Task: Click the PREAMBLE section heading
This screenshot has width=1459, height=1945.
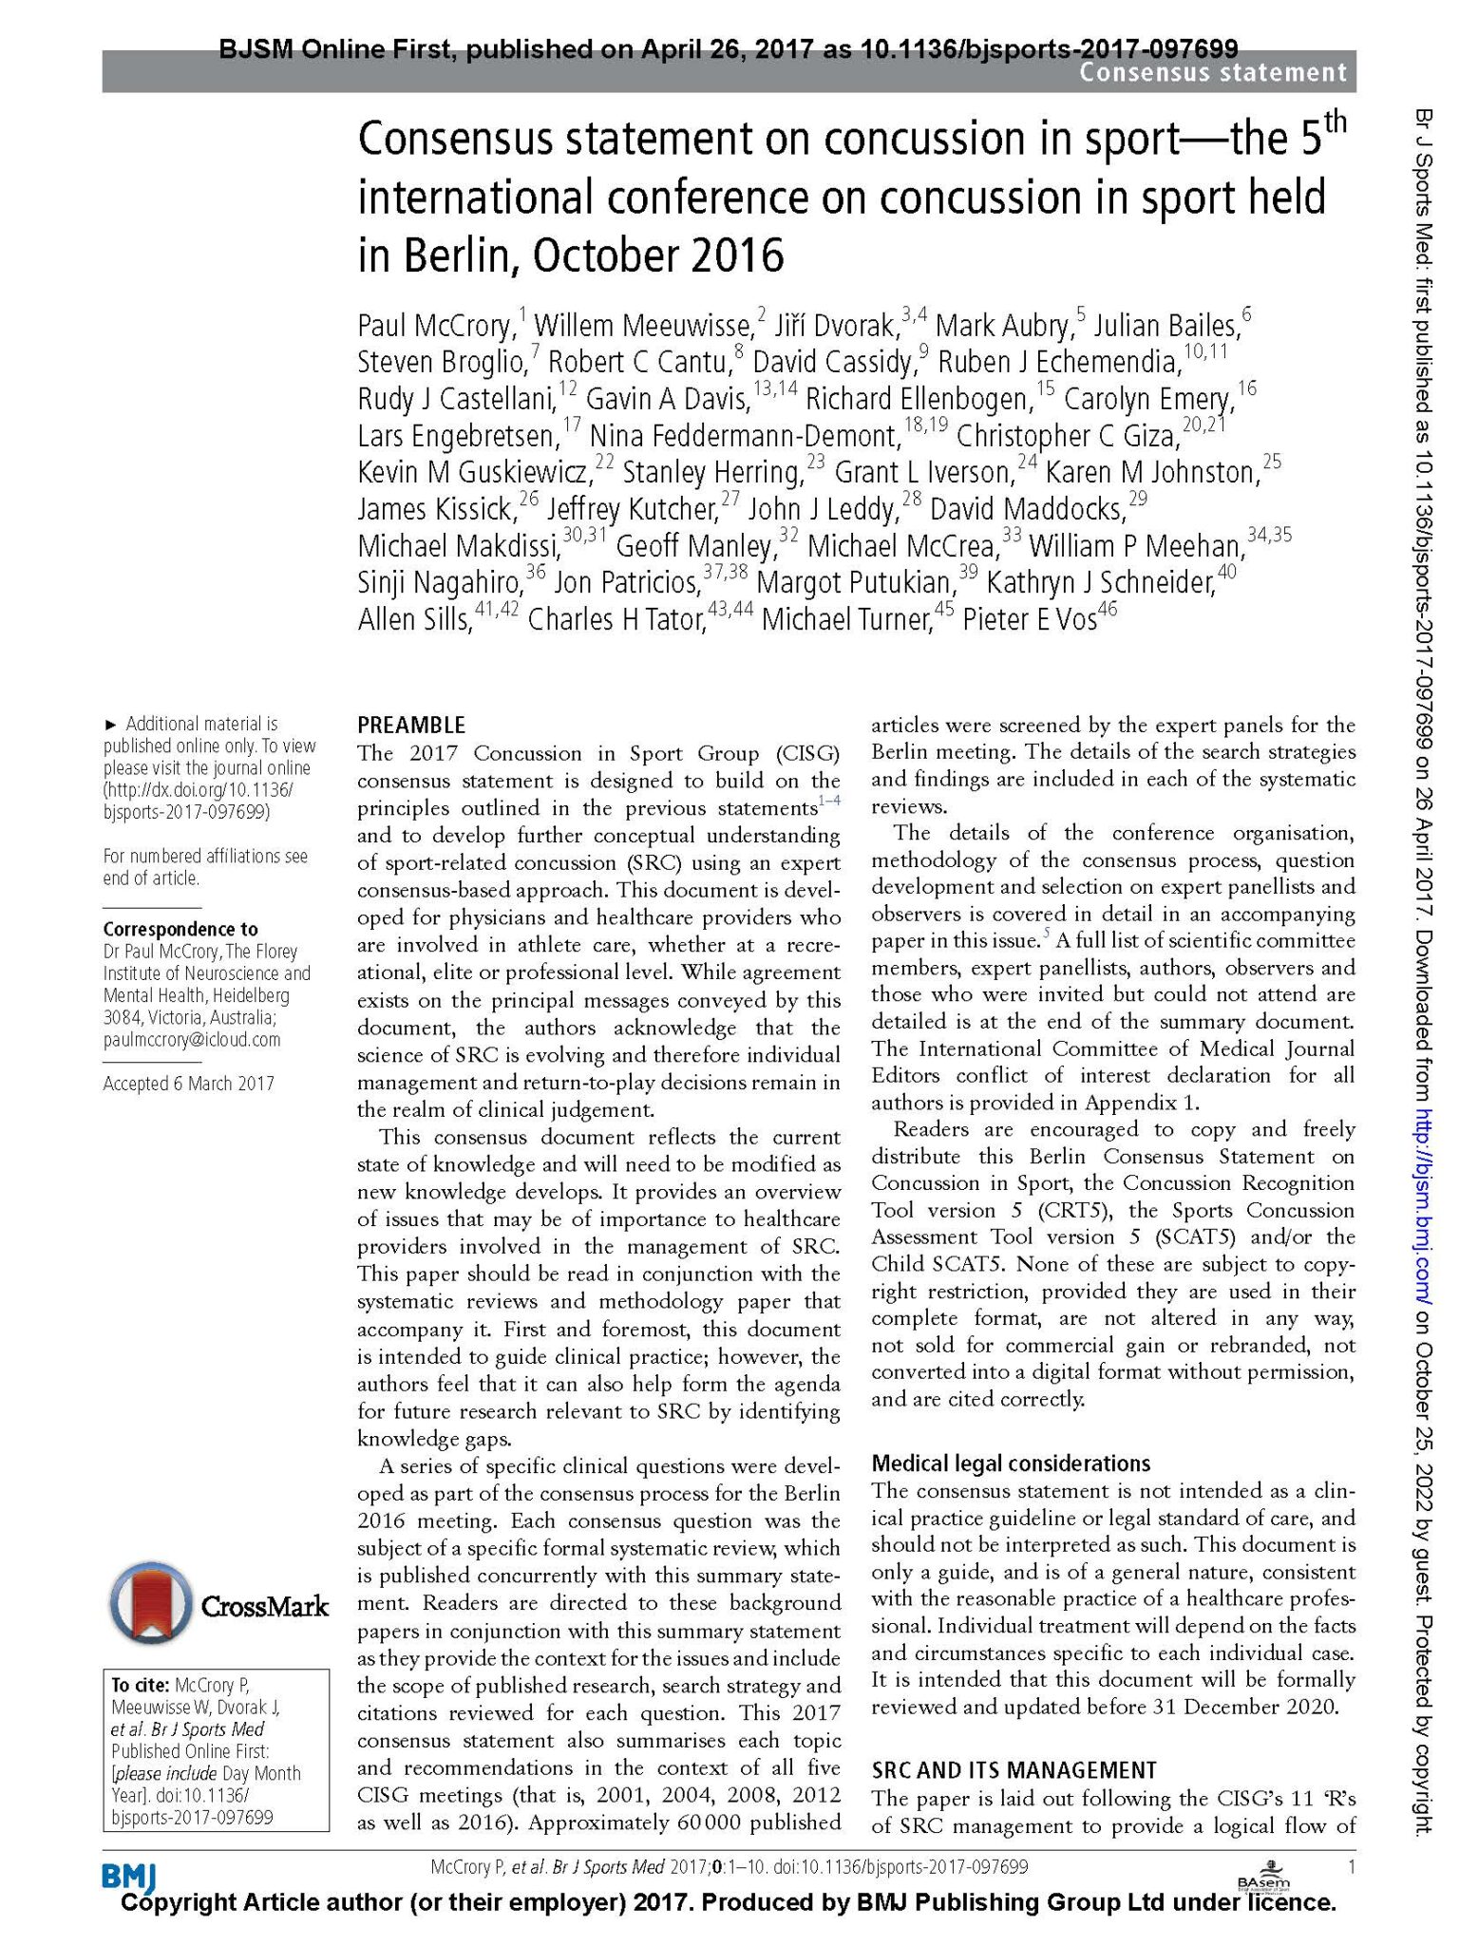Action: click(x=411, y=726)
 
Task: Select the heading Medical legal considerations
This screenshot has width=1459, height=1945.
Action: click(x=1011, y=1463)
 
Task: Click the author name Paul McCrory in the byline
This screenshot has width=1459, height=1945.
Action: click(x=435, y=326)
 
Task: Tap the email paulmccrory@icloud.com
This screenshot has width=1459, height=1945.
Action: click(x=192, y=1039)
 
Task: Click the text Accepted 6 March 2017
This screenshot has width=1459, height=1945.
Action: click(x=188, y=1083)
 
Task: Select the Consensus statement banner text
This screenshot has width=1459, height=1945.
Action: click(x=1212, y=72)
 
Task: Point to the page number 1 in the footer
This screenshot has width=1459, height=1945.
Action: click(x=1350, y=1867)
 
